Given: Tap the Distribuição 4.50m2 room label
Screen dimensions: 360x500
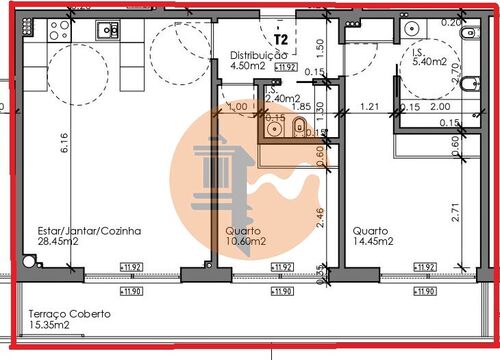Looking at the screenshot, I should coord(259,61).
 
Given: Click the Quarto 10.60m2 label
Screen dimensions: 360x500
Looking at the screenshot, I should coord(244,237).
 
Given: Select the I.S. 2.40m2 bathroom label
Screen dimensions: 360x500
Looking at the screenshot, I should coord(284,94).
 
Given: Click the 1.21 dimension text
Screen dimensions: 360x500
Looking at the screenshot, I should coord(368,105).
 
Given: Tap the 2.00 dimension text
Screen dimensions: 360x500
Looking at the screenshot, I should coord(439,106).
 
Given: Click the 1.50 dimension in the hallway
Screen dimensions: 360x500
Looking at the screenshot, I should coord(319,46).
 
